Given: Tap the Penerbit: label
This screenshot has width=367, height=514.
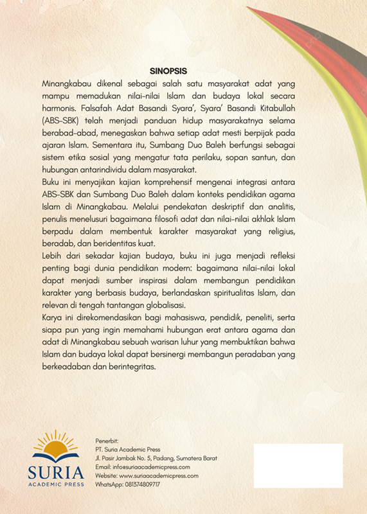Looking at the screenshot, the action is pos(107,441).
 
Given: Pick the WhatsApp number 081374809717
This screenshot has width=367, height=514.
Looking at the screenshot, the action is pos(127,484).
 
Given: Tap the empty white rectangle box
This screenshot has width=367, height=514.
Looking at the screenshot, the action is pos(298,465).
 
